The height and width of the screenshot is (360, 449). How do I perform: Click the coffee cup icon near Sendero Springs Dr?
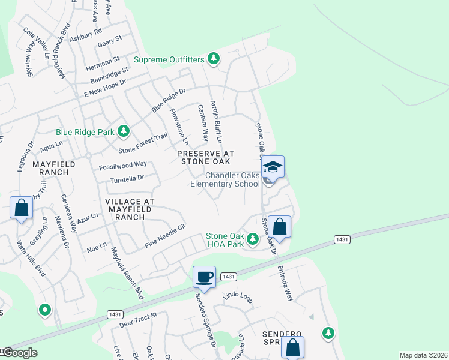tap(204, 277)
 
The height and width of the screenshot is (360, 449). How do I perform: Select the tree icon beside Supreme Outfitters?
tap(212, 58)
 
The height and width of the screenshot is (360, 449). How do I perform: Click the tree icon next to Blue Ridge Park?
tap(123, 131)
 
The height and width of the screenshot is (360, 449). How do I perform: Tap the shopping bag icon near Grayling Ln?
tap(22, 209)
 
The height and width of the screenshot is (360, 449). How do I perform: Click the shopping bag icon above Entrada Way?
tap(279, 227)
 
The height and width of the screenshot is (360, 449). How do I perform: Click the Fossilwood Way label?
tap(124, 164)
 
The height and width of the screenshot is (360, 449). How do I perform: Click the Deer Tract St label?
tap(137, 319)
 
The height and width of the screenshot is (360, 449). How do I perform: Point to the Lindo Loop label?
tap(235, 296)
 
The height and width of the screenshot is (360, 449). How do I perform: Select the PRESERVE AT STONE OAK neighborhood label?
tap(204, 157)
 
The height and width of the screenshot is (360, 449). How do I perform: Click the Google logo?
tap(19, 353)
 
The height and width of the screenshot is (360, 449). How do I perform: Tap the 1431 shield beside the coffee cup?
tap(228, 277)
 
